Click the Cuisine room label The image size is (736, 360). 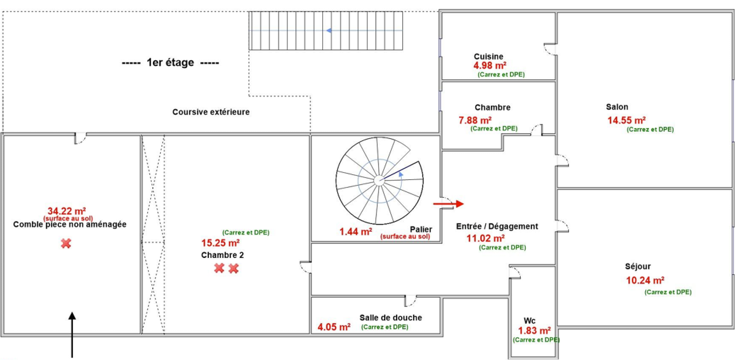click(488, 56)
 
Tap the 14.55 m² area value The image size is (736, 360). click(626, 120)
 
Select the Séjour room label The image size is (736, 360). click(638, 266)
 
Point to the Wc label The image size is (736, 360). click(530, 321)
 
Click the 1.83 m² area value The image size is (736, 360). click(534, 331)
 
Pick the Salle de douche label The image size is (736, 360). click(391, 318)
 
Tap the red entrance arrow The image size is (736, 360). click(448, 204)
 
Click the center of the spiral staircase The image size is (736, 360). click(379, 181)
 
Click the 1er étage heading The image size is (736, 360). click(170, 62)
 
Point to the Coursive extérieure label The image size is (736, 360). click(211, 112)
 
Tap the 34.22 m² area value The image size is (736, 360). click(67, 211)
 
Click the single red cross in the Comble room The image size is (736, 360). click(66, 243)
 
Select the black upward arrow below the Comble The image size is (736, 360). click(72, 335)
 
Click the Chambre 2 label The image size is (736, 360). click(222, 255)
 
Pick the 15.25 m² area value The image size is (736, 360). click(220, 243)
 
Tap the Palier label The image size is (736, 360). click(421, 229)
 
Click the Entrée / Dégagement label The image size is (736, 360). click(497, 226)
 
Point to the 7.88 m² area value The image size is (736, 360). click(475, 120)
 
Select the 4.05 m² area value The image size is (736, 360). click(334, 327)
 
